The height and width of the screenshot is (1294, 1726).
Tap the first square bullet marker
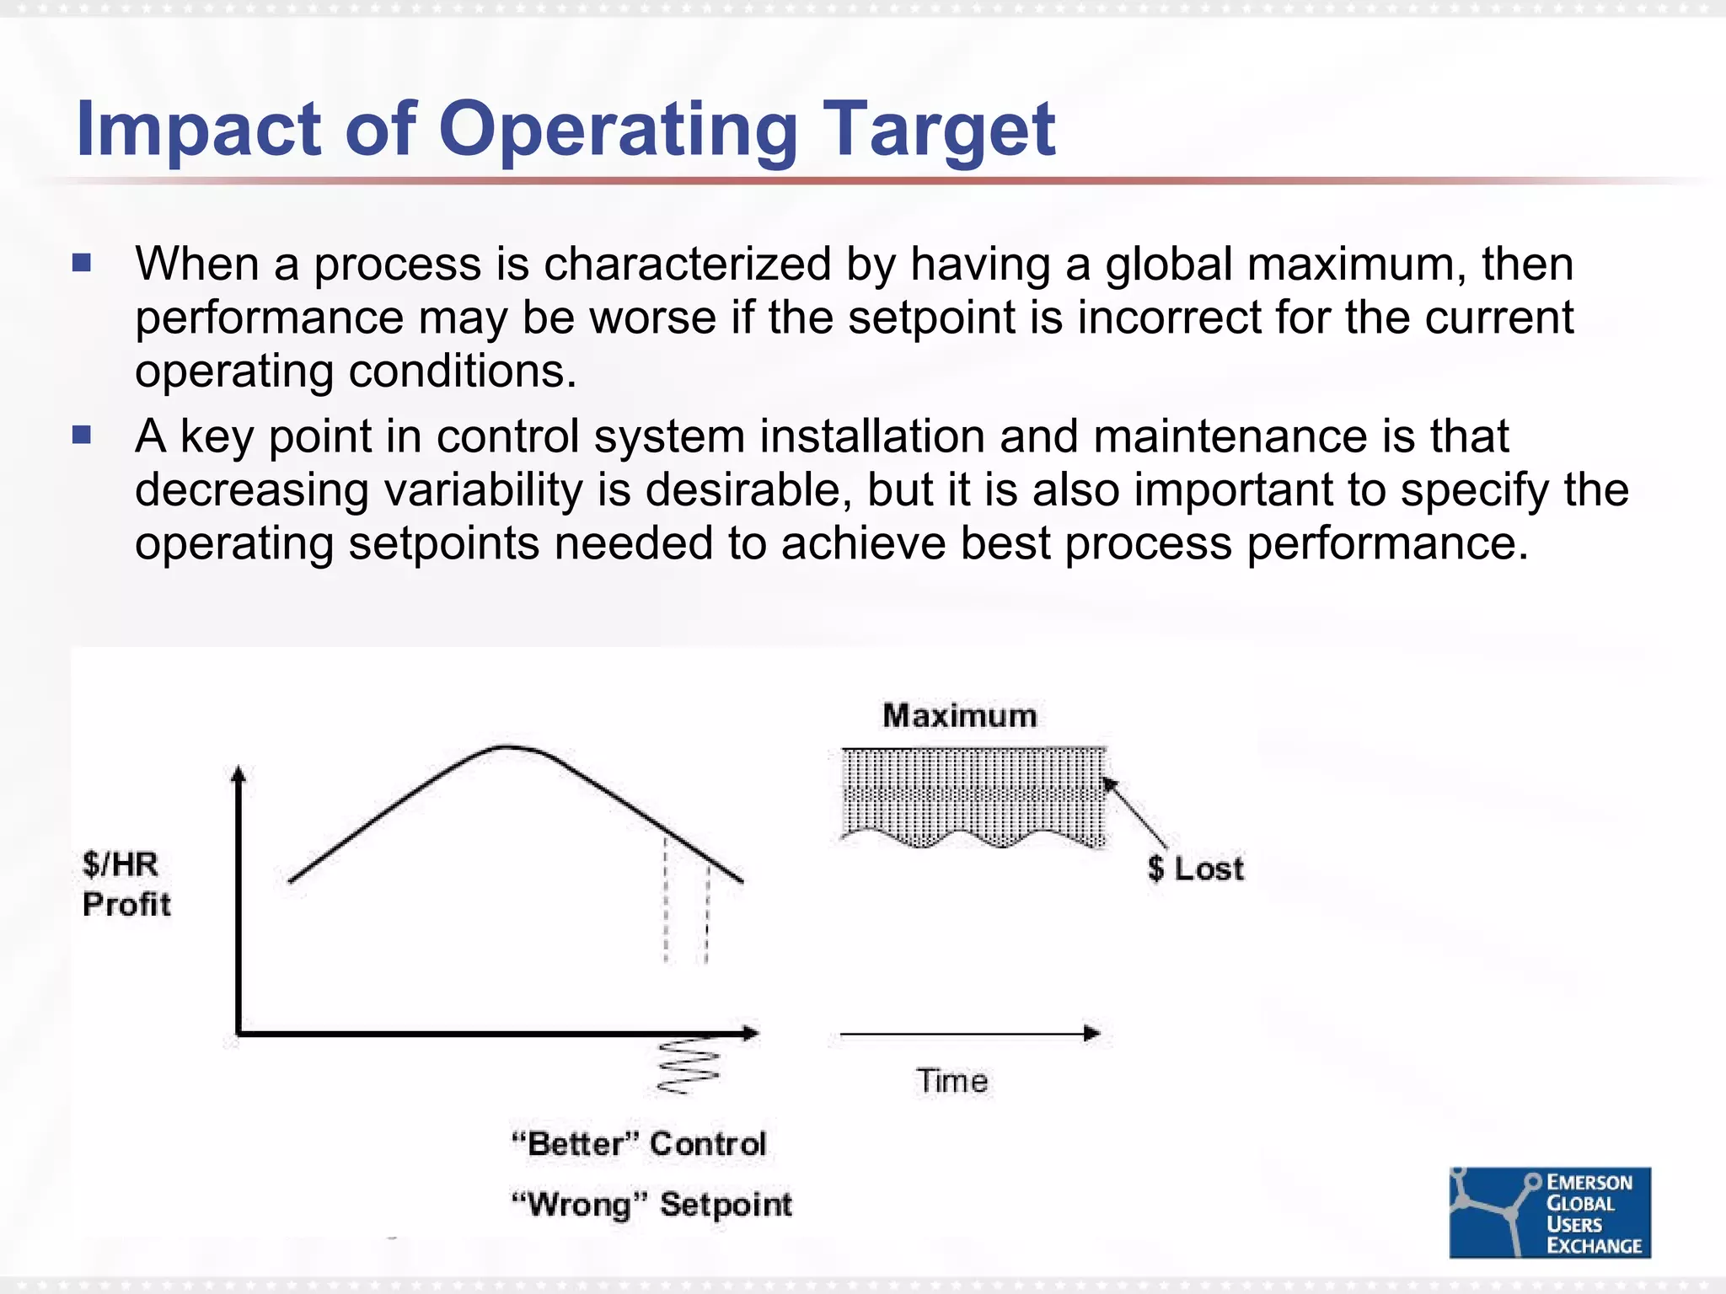(x=82, y=264)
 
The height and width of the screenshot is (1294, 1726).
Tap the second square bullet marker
(x=82, y=436)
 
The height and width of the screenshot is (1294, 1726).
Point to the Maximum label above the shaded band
(x=959, y=715)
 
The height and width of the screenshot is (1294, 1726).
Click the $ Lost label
(x=1195, y=869)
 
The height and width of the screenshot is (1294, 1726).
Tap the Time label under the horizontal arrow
(x=952, y=1081)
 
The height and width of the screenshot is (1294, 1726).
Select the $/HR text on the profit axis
(x=120, y=864)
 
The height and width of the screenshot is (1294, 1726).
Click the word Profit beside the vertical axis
(x=126, y=904)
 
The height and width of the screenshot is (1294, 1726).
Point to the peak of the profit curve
(x=506, y=747)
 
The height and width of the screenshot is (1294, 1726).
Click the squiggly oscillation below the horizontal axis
(x=687, y=1067)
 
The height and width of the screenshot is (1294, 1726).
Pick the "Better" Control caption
(x=639, y=1144)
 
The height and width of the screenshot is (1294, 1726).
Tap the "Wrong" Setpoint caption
(x=651, y=1205)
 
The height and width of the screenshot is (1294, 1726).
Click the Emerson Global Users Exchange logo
(x=1550, y=1212)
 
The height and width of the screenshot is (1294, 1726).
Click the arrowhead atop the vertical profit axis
(x=239, y=773)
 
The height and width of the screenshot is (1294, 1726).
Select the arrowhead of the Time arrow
(x=1092, y=1034)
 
